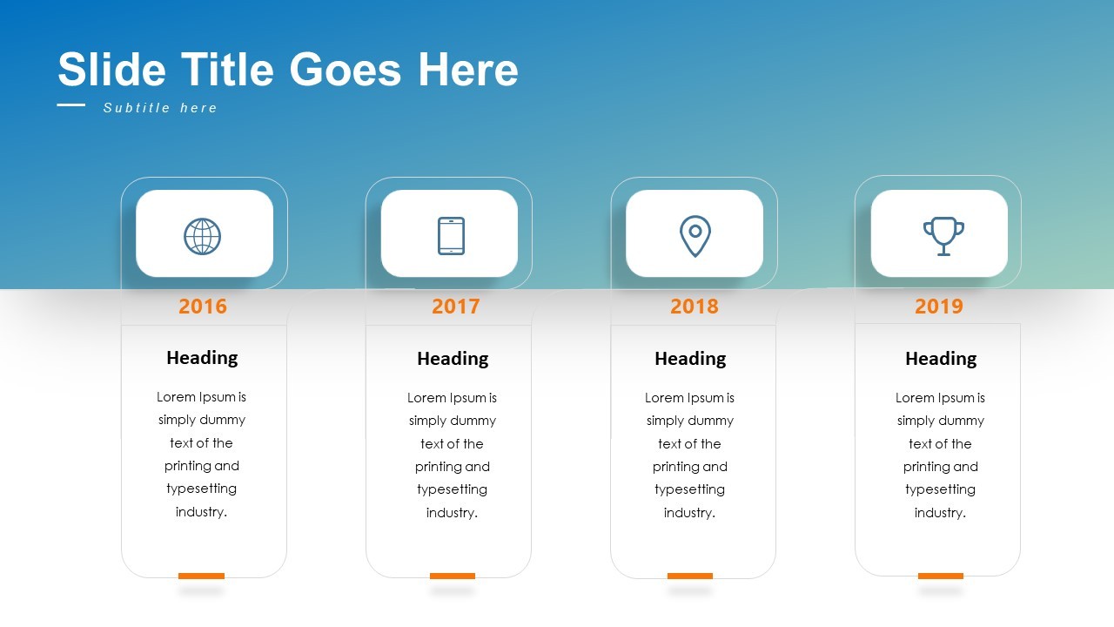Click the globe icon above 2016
pos(202,236)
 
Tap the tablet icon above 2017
pos(451,236)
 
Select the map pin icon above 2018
pos(695,236)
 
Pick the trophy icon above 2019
pos(943,236)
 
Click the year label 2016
pos(203,307)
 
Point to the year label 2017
pos(456,307)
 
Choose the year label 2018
pos(695,307)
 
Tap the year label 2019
pos(939,307)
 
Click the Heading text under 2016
pos(202,358)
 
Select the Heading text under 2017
pos(453,359)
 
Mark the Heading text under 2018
pos(690,359)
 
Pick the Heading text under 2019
pos(941,359)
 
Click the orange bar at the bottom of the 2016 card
pos(201,576)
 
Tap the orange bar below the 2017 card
pos(453,576)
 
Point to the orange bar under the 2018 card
pos(690,576)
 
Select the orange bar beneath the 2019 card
pos(941,576)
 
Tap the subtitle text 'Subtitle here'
pos(160,108)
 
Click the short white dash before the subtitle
pos(71,105)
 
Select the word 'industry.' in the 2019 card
pos(940,513)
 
